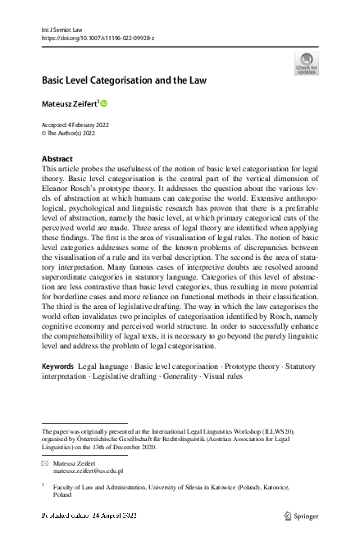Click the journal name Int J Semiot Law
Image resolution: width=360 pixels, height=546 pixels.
coord(62,29)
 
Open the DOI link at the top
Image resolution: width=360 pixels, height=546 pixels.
coord(96,38)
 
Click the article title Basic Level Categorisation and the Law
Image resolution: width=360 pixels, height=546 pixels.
coord(124,80)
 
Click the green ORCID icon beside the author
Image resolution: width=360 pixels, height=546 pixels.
coord(105,103)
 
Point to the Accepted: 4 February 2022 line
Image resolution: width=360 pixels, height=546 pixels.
coord(75,125)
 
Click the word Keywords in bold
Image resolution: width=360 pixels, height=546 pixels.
coord(58,387)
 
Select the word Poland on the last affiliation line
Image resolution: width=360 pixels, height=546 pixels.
coord(62,495)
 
